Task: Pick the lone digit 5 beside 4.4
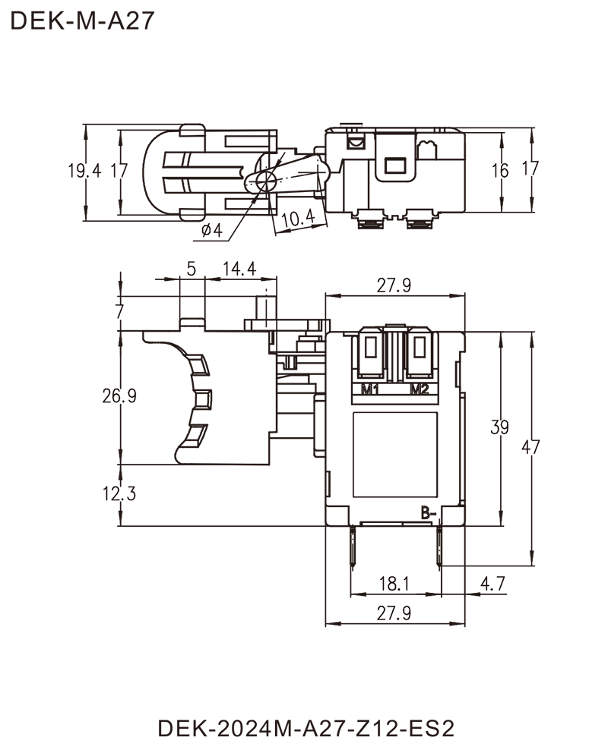[x=191, y=270]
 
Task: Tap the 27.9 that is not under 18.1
[x=395, y=285]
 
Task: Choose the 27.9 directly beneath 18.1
[x=394, y=612]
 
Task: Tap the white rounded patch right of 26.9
[x=153, y=395]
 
